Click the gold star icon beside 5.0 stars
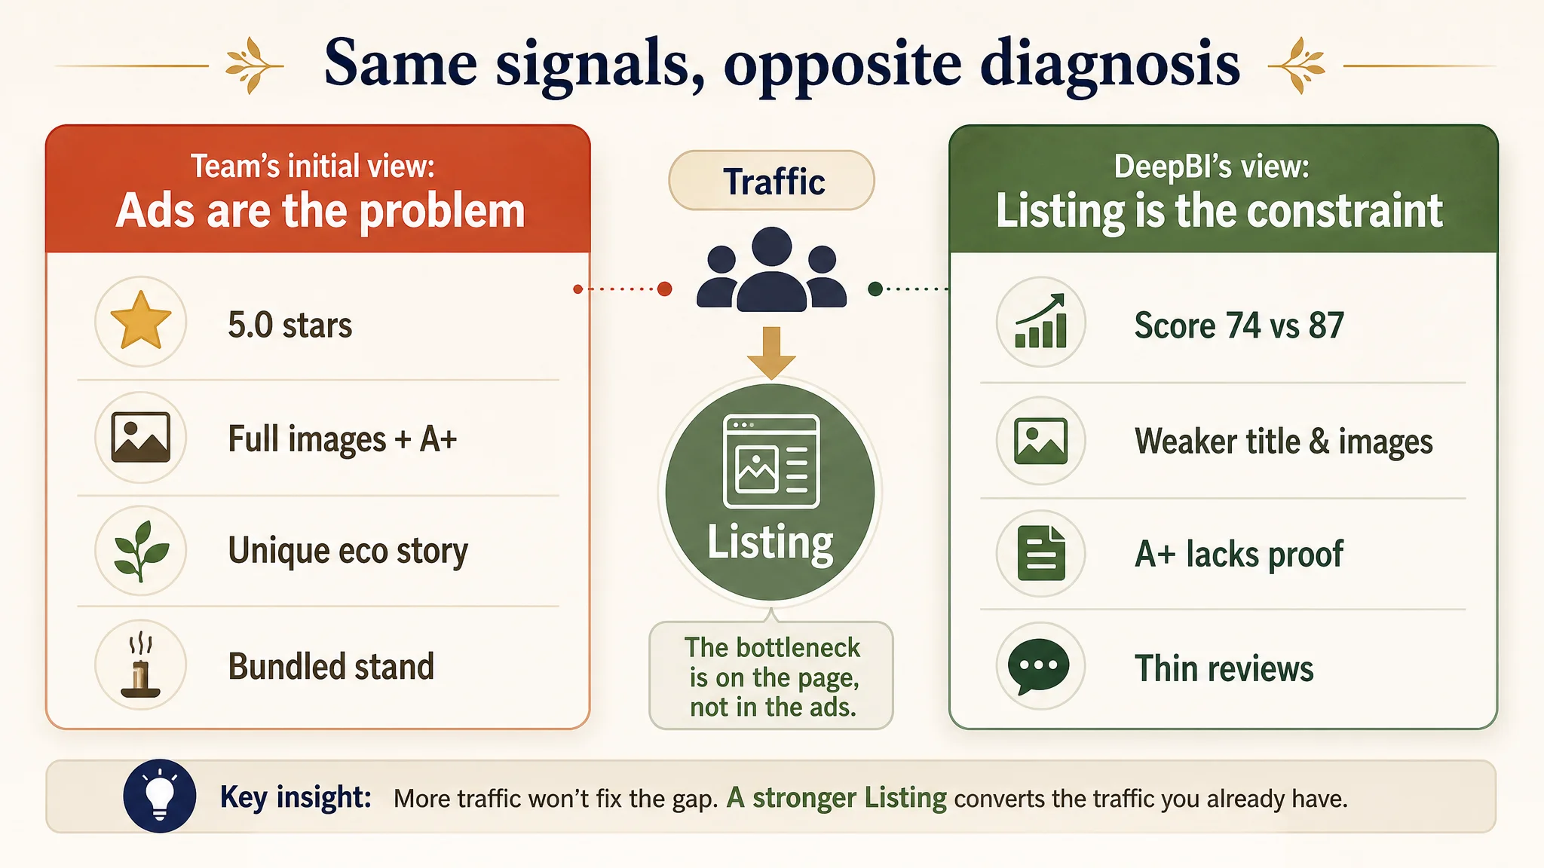140,320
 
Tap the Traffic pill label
772,181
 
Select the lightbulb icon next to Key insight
160,796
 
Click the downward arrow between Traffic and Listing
771,353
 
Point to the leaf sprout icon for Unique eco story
141,551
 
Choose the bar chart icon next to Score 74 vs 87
1040,320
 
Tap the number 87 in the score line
1326,325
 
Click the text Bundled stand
331,666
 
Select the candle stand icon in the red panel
140,666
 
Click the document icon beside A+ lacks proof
1041,553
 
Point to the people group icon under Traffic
772,269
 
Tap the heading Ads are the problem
320,210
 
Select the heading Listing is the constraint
1219,210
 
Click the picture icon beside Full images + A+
140,437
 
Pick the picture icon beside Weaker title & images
1040,440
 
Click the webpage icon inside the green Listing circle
771,461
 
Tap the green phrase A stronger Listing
836,797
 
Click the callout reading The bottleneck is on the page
771,676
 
